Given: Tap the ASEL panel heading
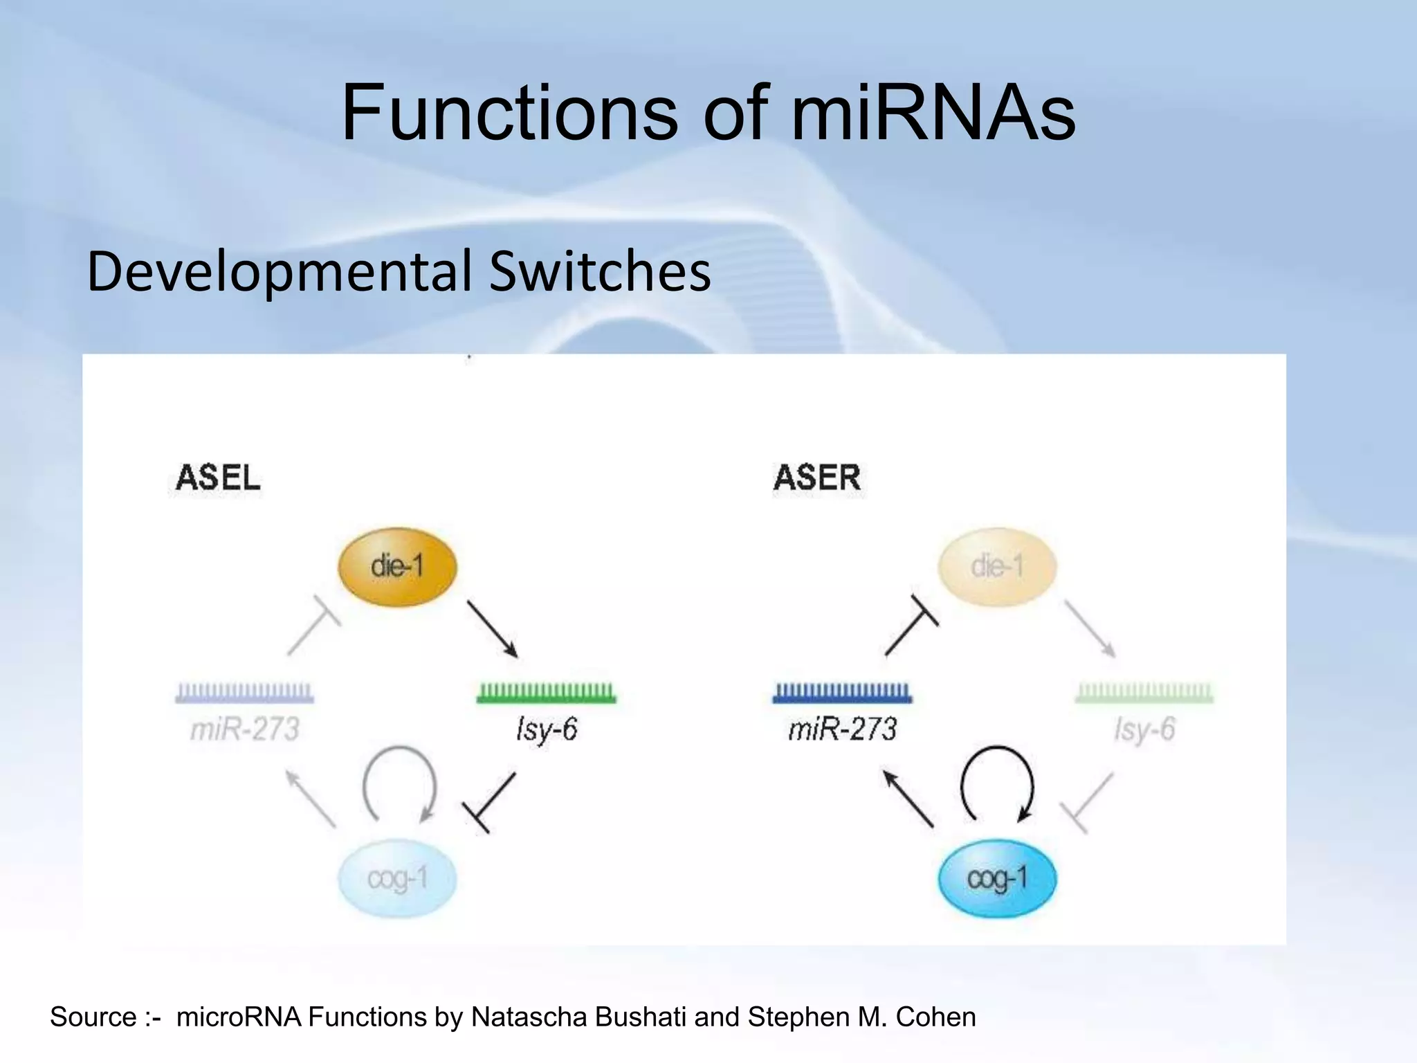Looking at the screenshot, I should tap(218, 478).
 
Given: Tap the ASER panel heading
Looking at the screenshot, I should tap(817, 478).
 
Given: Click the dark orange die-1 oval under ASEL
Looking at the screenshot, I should tap(397, 567).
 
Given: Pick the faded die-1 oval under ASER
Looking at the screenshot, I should tap(996, 567).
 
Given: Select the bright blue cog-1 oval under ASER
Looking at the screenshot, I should tap(996, 879).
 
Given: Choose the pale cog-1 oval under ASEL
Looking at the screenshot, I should tap(397, 879).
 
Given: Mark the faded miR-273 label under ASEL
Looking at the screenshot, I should tap(244, 729).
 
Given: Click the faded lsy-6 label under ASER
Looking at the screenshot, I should tap(1144, 729).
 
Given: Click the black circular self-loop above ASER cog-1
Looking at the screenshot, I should tap(997, 782).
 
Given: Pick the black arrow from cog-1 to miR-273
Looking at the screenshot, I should tap(908, 799).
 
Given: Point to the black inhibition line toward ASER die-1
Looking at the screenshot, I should tap(911, 626).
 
